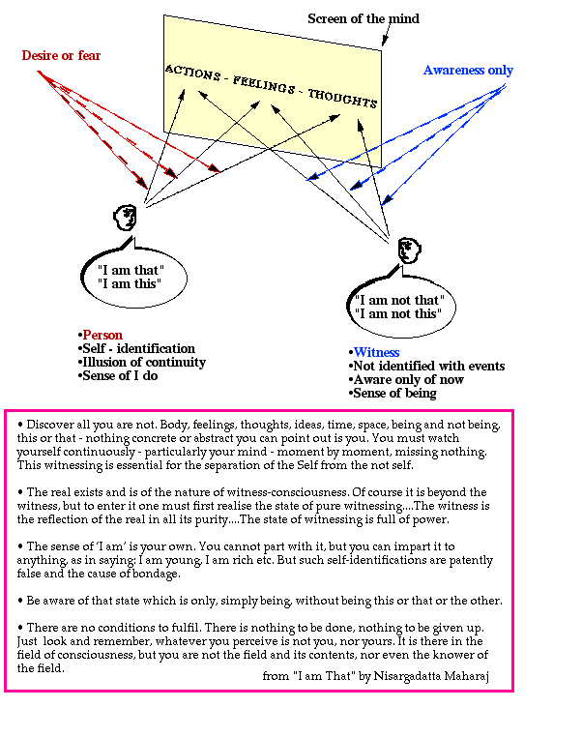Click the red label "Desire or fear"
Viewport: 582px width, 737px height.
click(x=61, y=55)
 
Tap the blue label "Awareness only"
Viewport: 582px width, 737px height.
click(x=468, y=71)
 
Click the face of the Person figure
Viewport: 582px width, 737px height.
click(x=123, y=217)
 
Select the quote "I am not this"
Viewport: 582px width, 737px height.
click(x=399, y=314)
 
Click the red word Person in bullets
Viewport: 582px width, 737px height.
click(x=102, y=335)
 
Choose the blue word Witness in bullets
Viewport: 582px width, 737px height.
click(x=376, y=352)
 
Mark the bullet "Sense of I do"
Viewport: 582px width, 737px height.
click(x=120, y=375)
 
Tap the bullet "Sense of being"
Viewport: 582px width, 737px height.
click(x=396, y=394)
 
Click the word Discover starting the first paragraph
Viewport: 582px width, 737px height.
click(x=52, y=425)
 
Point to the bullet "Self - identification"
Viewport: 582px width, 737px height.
click(x=138, y=348)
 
